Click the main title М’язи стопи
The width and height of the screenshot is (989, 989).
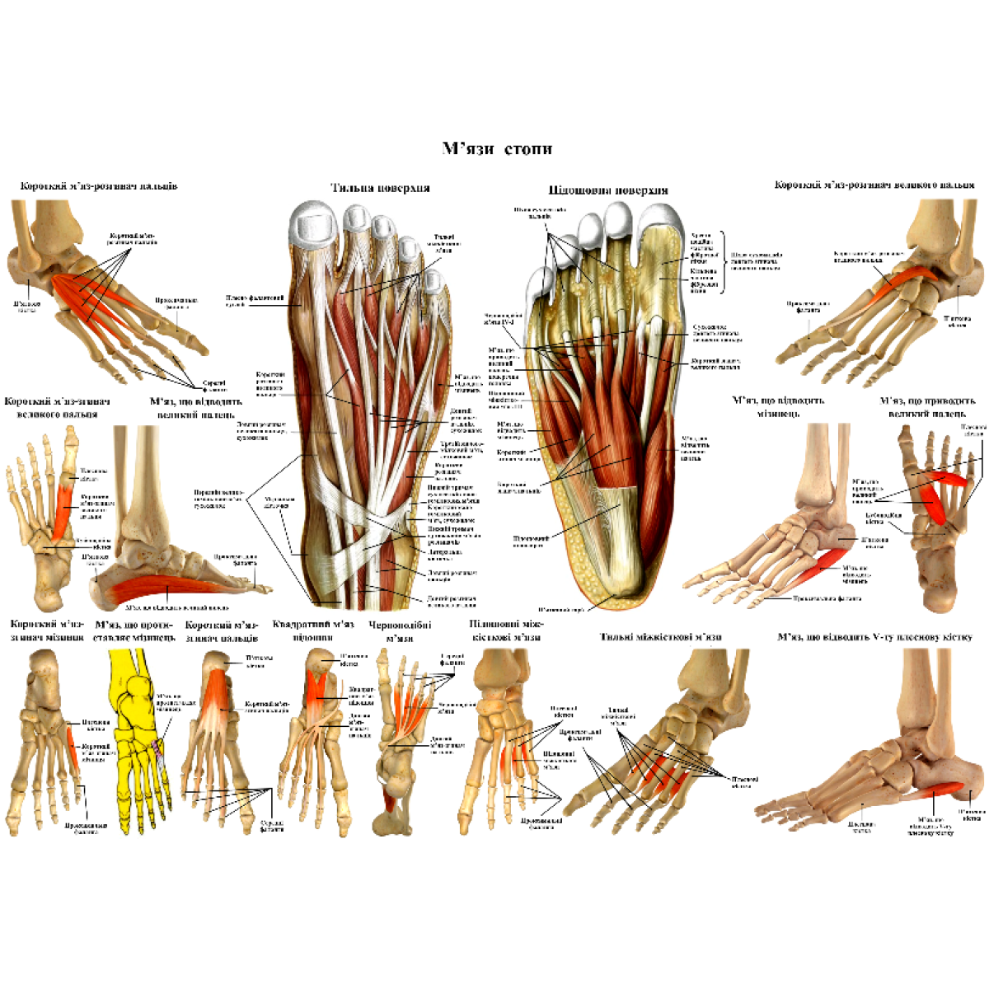click(x=496, y=149)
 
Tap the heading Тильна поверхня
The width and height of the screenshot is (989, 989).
click(x=380, y=188)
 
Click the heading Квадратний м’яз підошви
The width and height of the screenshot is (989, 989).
click(x=313, y=630)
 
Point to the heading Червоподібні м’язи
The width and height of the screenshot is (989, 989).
click(x=400, y=631)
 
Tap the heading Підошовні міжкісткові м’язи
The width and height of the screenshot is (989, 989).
click(x=505, y=630)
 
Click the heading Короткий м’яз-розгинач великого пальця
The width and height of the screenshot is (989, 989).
click(x=874, y=185)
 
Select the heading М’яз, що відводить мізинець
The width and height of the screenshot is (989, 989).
click(x=778, y=406)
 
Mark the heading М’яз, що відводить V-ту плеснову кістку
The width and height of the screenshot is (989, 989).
click(x=874, y=637)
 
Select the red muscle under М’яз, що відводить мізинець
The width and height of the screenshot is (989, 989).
click(x=824, y=565)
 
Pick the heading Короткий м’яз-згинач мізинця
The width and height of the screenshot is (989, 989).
click(x=46, y=630)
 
